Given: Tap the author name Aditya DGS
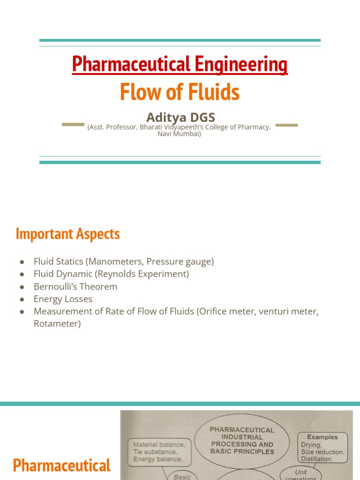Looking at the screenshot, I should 180,117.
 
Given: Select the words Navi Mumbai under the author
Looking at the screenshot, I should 180,134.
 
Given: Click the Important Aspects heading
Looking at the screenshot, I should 67,233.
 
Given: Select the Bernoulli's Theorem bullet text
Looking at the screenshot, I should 75,286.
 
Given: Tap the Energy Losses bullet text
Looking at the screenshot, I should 63,299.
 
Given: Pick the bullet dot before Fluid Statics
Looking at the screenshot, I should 22,262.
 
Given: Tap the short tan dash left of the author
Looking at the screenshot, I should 73,125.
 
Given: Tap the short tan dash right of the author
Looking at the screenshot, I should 286,125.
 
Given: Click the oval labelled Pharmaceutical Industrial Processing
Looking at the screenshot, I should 242,441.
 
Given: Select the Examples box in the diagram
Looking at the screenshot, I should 322,448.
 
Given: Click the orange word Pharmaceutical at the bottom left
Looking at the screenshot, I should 61,465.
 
